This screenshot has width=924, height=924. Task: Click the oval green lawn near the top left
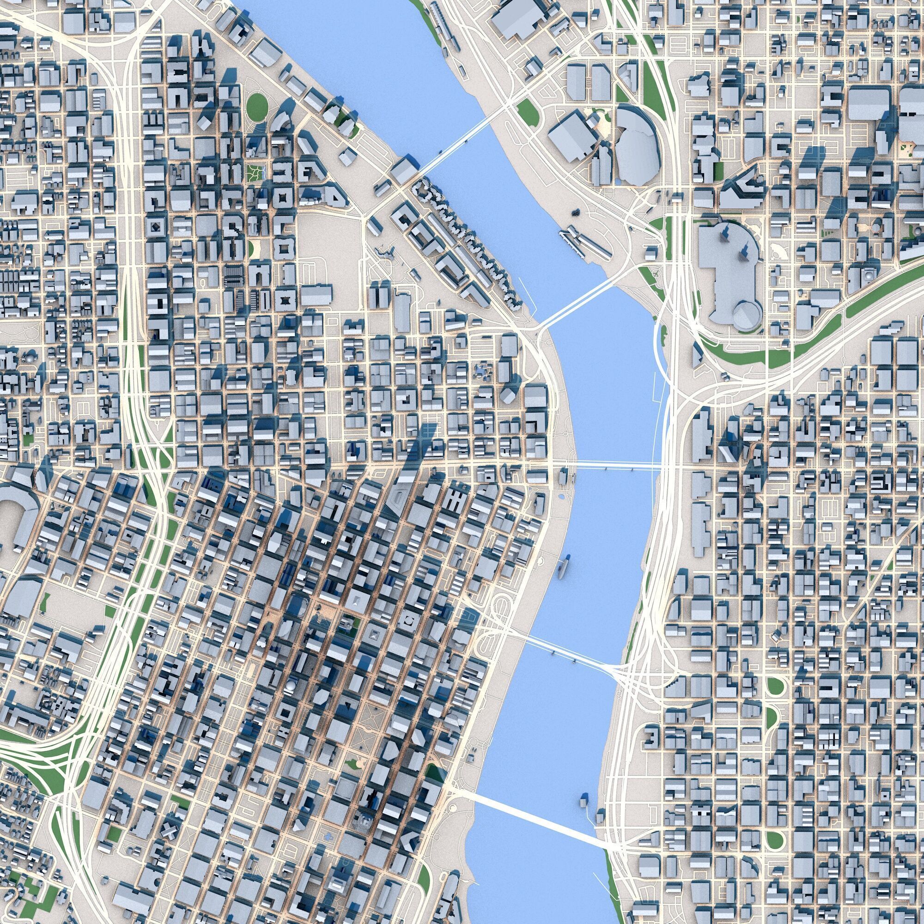coord(257,106)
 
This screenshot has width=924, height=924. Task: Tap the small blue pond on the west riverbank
coord(560,498)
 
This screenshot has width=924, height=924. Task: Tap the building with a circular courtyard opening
coord(409,621)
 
